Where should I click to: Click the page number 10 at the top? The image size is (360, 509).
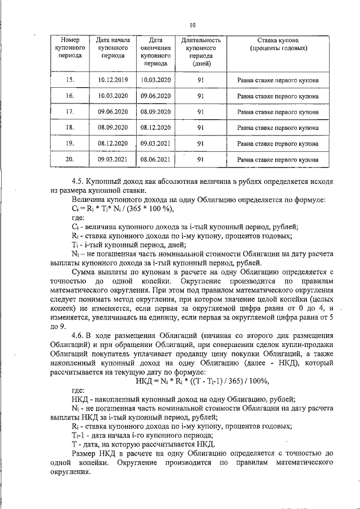(x=192, y=24)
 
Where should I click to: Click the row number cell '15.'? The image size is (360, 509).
(x=70, y=80)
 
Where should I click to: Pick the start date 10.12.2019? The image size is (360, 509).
(x=113, y=80)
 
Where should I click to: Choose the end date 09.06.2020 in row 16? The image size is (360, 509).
(x=155, y=96)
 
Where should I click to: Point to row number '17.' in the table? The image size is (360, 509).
(x=70, y=112)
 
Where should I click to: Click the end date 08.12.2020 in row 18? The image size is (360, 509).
(x=155, y=128)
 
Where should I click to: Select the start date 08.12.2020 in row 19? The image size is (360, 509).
(x=113, y=144)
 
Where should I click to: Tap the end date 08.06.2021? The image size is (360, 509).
(x=155, y=160)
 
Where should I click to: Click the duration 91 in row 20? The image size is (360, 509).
(x=200, y=160)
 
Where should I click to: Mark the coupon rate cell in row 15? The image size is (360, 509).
(x=278, y=80)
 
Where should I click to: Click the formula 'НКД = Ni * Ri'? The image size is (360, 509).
(x=202, y=381)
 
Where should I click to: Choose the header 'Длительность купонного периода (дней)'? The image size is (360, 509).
(x=201, y=52)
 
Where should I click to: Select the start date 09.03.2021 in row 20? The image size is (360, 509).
(x=113, y=160)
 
